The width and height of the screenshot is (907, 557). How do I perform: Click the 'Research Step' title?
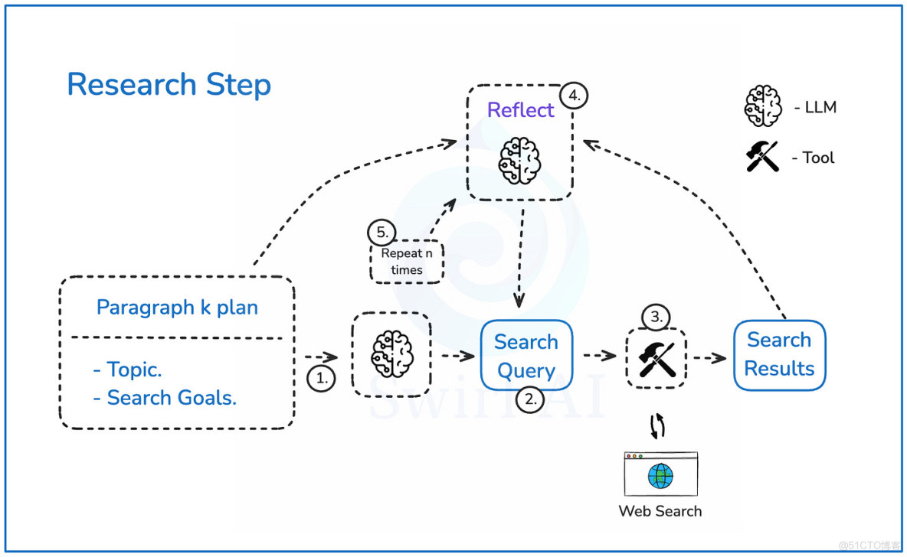[x=169, y=85]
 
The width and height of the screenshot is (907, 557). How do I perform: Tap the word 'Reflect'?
[x=520, y=110]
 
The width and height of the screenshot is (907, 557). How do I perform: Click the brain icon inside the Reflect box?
[x=520, y=159]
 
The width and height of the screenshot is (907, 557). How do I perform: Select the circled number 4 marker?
[x=573, y=97]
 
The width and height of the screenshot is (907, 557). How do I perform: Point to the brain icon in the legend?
[x=763, y=106]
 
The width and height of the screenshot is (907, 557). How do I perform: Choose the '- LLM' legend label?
[x=815, y=108]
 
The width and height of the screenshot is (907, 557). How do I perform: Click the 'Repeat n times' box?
[x=406, y=262]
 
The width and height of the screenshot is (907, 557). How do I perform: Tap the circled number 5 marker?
[x=381, y=231]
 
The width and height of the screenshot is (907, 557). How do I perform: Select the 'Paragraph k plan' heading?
[x=177, y=308]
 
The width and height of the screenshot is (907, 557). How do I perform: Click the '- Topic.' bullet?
[x=127, y=370]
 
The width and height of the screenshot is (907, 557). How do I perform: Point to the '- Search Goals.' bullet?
[x=165, y=398]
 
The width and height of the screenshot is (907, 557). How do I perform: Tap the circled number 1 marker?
[x=322, y=379]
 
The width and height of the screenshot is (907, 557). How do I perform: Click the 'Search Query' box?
[x=526, y=356]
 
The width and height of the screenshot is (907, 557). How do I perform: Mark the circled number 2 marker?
[x=529, y=399]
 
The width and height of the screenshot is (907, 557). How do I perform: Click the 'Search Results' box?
[x=779, y=354]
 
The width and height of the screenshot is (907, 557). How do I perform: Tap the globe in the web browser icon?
[x=660, y=476]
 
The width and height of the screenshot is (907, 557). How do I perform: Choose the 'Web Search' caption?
[x=660, y=510]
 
